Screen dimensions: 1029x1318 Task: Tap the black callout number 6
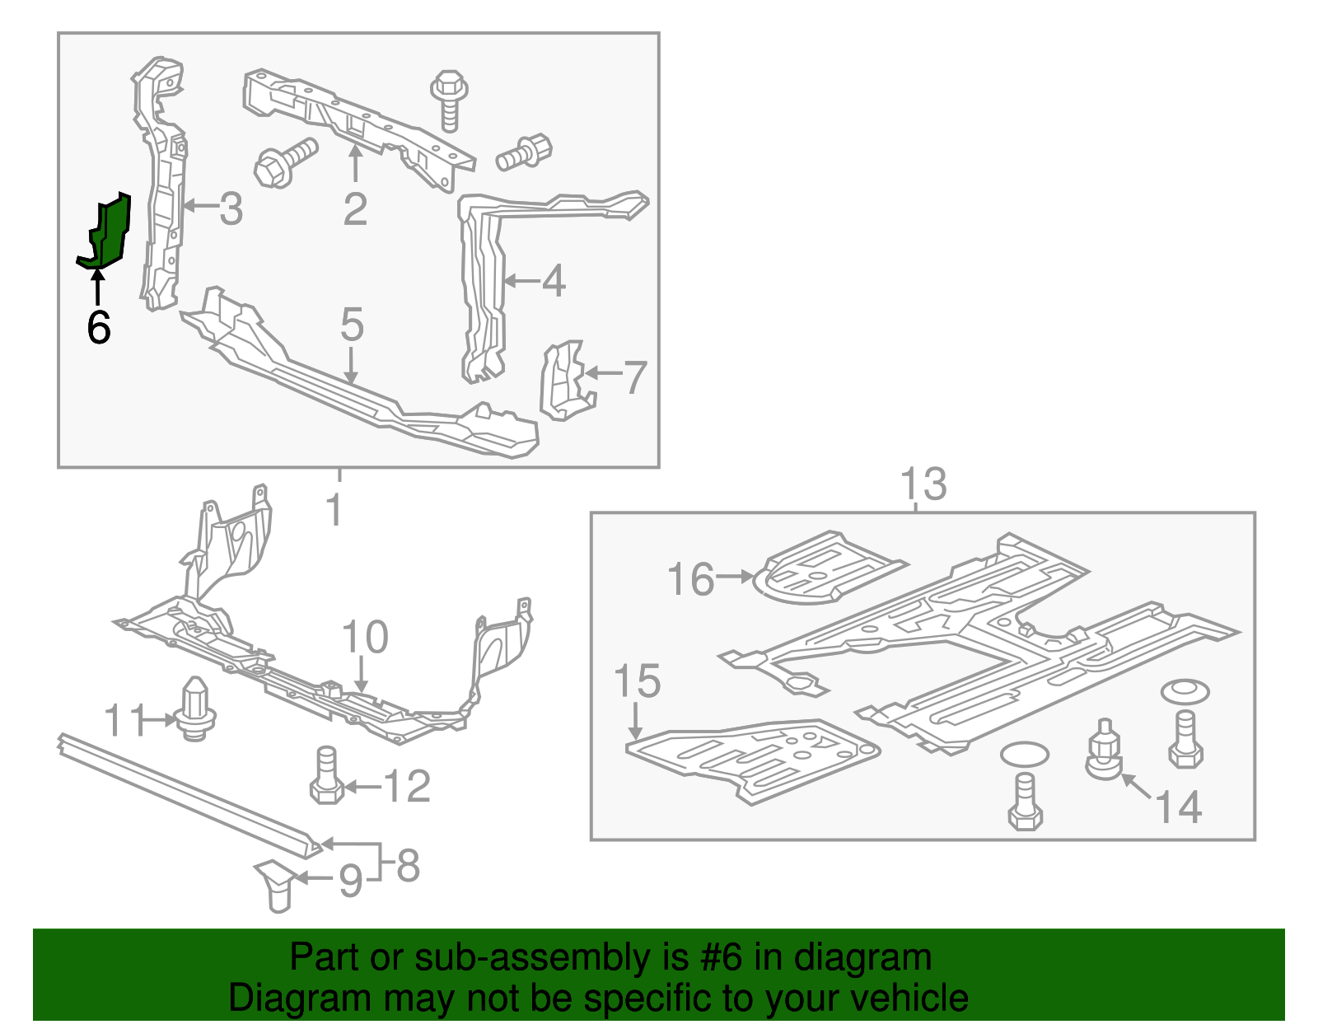click(x=98, y=328)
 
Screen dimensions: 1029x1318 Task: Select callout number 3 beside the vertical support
click(x=231, y=209)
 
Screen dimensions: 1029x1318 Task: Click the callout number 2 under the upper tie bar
click(x=355, y=209)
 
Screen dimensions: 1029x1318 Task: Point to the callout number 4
click(x=554, y=281)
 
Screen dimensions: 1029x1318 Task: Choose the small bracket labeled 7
click(x=565, y=380)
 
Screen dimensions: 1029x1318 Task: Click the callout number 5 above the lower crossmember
click(x=352, y=325)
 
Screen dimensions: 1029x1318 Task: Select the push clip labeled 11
click(x=194, y=709)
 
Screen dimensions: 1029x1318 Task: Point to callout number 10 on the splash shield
click(x=364, y=638)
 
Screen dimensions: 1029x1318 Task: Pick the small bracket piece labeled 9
click(x=276, y=884)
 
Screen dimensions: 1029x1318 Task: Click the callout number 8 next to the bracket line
click(x=409, y=865)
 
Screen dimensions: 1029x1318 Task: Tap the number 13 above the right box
click(x=923, y=484)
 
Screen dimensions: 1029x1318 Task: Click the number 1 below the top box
click(x=334, y=510)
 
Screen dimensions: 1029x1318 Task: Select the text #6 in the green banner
click(x=722, y=957)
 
